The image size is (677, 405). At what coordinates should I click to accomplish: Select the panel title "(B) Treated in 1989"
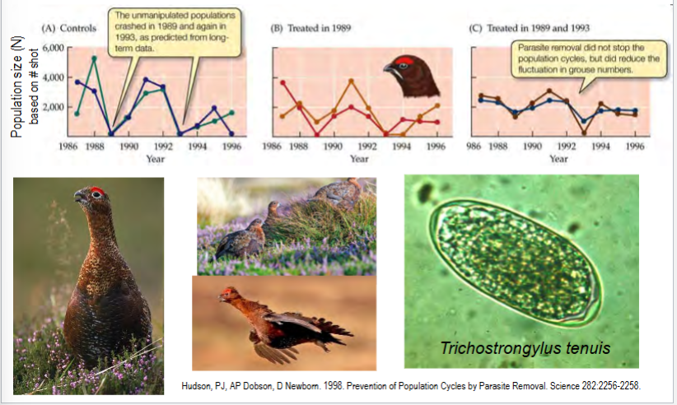click(x=306, y=29)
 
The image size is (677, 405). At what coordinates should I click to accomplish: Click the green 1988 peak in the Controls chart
click(x=94, y=58)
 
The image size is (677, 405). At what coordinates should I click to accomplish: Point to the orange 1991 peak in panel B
click(x=351, y=81)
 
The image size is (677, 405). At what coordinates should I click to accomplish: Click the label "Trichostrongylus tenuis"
click(x=525, y=348)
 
